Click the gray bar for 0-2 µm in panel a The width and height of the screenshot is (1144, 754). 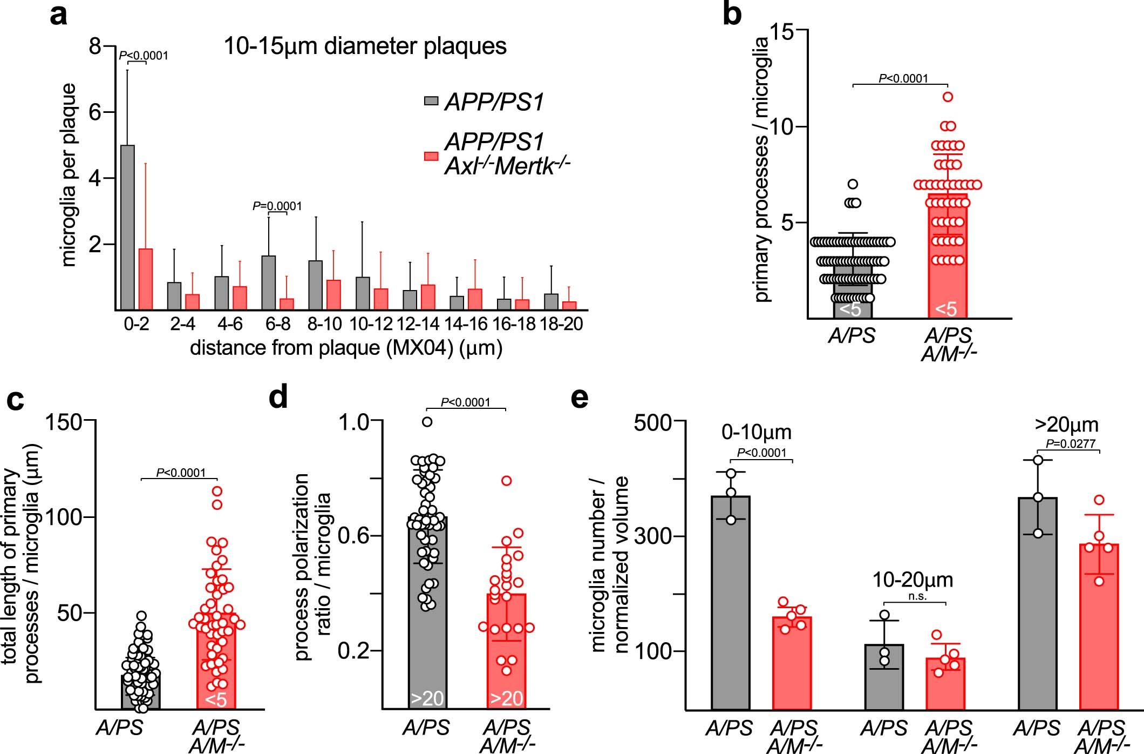point(127,227)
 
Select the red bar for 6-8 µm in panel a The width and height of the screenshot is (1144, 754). point(287,304)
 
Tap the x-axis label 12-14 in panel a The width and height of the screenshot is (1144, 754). point(418,324)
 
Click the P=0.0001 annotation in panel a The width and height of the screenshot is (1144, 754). point(277,206)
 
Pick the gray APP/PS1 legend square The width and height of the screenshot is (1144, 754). point(431,101)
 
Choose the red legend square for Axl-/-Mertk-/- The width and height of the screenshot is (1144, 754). point(431,156)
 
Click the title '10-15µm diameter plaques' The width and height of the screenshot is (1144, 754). point(365,46)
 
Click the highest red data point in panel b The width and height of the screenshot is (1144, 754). point(948,97)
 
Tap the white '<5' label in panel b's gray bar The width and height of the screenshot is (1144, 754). point(850,309)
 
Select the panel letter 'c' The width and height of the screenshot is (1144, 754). point(15,400)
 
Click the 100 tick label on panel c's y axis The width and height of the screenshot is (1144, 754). point(63,517)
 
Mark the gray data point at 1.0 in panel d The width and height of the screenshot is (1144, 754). point(427,422)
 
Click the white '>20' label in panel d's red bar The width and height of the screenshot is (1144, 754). point(506,698)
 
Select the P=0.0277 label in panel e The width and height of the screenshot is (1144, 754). point(1071,443)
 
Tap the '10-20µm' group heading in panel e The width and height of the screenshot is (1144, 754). point(913,580)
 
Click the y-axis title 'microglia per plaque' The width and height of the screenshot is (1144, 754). point(69,175)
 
